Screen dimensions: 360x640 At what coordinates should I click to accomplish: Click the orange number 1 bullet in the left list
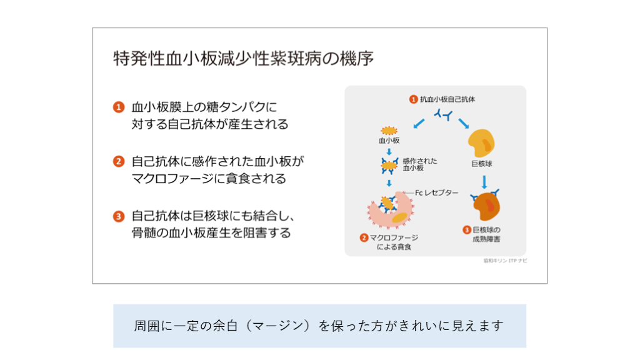pos(119,107)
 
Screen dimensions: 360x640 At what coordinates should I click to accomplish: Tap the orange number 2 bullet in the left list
pos(119,161)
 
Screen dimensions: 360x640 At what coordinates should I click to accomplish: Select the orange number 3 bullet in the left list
pos(119,216)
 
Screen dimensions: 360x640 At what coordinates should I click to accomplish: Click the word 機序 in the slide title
pos(356,59)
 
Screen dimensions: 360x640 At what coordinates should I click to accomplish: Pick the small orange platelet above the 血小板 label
pos(389,131)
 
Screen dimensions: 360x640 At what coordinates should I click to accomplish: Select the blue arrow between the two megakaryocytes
pos(484,181)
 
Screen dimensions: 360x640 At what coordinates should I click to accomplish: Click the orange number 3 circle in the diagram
pos(466,230)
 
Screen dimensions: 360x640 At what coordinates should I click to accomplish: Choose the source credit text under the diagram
pos(505,261)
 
